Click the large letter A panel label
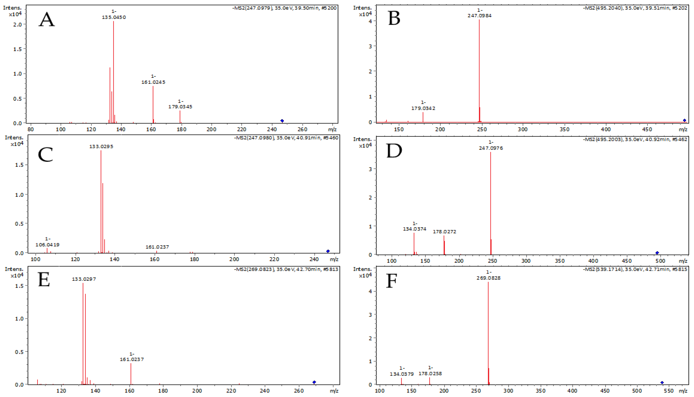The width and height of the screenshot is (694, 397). [47, 20]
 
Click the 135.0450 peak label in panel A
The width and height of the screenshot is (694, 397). [114, 17]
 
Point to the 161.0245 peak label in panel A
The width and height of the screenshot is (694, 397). [153, 82]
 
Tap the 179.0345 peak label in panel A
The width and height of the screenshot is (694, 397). [180, 107]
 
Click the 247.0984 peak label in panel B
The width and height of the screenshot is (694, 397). [480, 16]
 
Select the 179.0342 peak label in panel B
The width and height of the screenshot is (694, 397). [423, 108]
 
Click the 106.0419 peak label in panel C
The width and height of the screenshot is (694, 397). [47, 245]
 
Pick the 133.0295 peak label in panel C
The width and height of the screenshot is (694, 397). [101, 146]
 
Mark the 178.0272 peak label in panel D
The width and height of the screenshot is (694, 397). [444, 231]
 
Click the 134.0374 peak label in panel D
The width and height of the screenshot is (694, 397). [414, 229]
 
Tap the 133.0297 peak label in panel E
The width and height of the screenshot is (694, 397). [84, 279]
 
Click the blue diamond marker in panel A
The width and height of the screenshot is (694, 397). [282, 121]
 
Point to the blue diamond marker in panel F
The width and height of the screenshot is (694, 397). [662, 383]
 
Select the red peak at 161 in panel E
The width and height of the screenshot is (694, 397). [131, 374]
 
